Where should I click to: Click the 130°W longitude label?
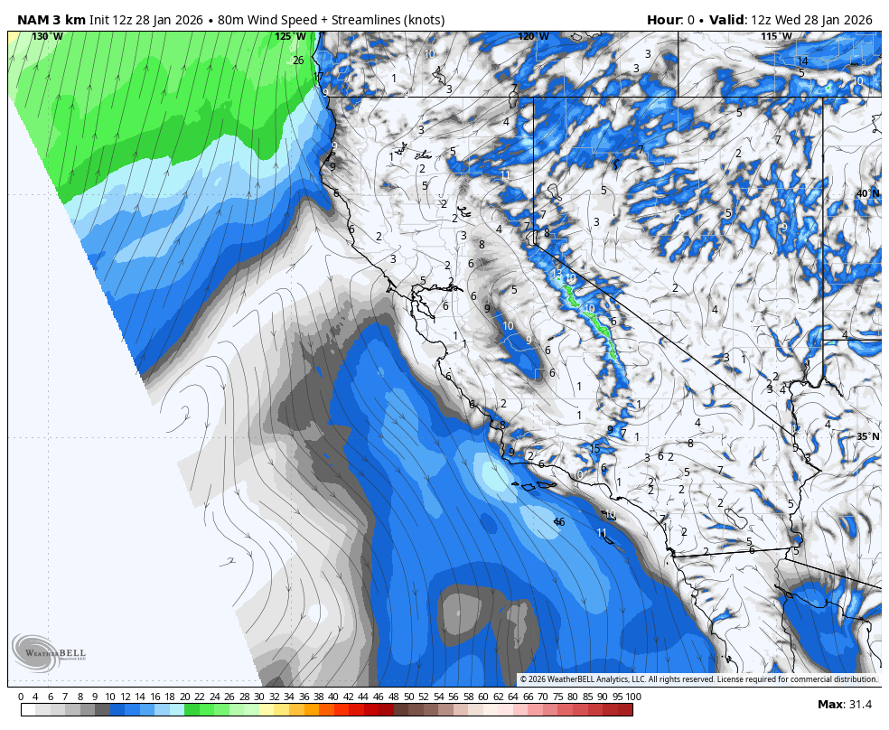(47, 36)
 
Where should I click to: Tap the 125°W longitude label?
(290, 36)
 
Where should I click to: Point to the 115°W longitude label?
(776, 36)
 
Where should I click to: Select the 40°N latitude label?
(867, 193)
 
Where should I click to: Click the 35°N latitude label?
(867, 436)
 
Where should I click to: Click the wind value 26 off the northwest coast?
(298, 61)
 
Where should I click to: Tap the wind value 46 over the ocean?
(559, 522)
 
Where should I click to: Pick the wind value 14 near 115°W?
(802, 61)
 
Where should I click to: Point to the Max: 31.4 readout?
(845, 705)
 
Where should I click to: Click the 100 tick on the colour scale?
(632, 697)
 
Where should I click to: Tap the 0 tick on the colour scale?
(21, 697)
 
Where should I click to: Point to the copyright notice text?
(698, 679)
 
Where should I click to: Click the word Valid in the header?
(725, 20)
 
